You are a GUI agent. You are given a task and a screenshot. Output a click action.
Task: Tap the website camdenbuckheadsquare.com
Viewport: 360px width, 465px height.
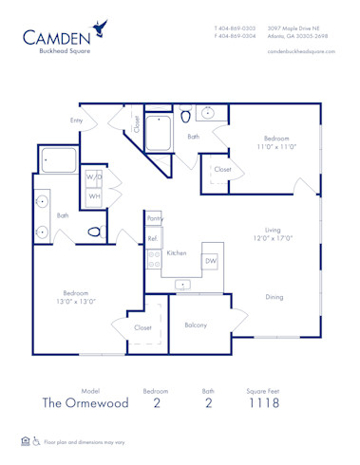301,51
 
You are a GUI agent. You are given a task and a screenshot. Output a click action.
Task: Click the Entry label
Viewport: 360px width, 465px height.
77,121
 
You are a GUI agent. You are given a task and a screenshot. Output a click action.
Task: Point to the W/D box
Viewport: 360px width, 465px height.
94,177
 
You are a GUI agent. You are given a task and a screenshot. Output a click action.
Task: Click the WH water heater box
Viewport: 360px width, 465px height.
94,197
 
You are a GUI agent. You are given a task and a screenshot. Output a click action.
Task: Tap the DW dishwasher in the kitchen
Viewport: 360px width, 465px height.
211,260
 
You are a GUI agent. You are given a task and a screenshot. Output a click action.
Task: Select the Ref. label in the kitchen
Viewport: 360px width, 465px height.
152,239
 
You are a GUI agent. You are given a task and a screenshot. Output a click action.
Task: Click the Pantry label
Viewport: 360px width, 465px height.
155,218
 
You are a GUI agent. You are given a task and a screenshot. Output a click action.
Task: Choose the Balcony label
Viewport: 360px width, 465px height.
197,325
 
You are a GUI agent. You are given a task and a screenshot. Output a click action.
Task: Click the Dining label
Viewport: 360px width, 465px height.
275,297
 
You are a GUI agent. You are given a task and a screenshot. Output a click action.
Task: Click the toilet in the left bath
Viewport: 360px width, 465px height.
94,231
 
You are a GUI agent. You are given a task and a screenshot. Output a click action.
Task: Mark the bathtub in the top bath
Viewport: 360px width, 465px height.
158,134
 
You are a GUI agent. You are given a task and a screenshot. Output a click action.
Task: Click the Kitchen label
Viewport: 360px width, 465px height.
177,253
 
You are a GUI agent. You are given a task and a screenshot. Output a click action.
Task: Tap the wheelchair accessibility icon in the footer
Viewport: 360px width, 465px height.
36,441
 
